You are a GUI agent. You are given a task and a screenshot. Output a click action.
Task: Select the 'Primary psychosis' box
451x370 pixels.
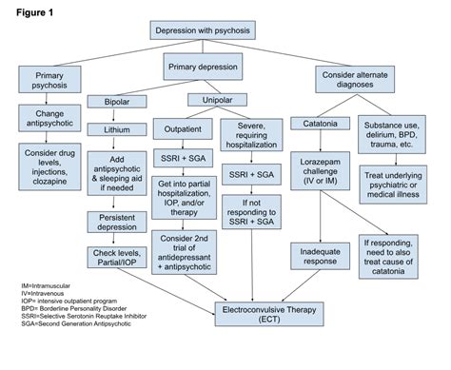[x=47, y=81]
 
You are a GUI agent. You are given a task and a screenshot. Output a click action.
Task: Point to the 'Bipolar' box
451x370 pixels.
[x=117, y=102]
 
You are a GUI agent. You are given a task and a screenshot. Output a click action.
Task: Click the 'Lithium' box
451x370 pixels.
[x=117, y=129]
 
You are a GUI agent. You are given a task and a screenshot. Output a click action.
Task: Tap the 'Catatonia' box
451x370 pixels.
[x=322, y=123]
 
